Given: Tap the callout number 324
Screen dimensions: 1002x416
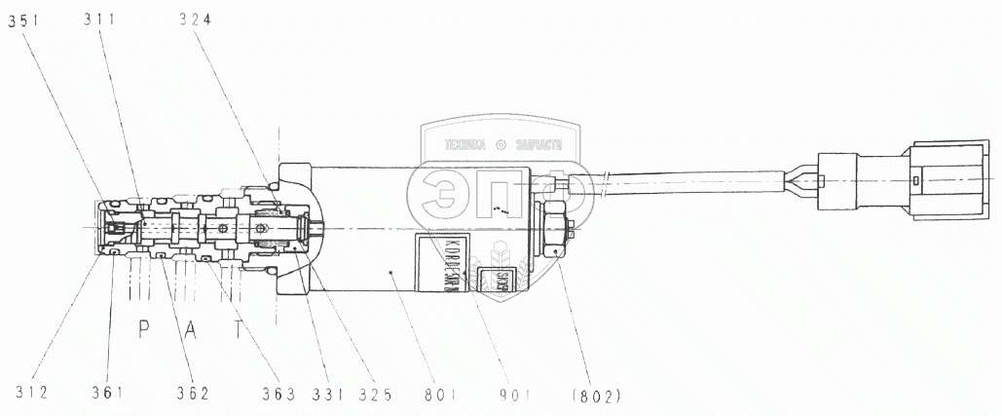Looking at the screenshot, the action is coord(201,19).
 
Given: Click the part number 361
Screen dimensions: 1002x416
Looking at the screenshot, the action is coord(109,393).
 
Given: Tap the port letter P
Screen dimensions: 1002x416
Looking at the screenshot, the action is coord(142,328).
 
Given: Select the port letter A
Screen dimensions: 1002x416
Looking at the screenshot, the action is coord(192,328).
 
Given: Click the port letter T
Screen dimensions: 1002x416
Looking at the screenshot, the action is coord(238,328).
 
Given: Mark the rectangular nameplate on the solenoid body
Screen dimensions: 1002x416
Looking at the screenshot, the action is coord(438,262).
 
